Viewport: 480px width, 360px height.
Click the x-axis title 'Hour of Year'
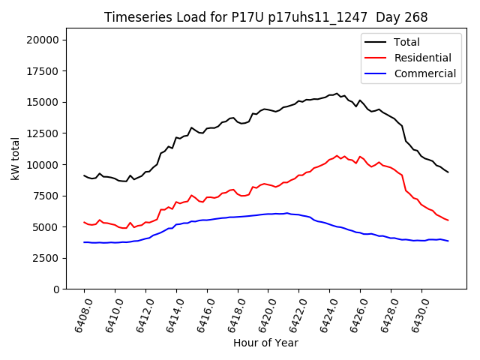[x=265, y=343]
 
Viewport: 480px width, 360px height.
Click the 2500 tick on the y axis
[x=47, y=258]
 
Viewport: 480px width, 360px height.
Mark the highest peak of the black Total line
[x=337, y=94]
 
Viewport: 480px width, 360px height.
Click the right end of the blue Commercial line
[x=448, y=241]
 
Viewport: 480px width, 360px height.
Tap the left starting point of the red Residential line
[x=84, y=222]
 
